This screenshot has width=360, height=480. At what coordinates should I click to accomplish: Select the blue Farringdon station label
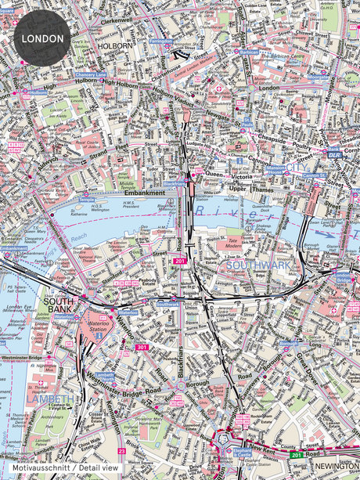click(x=160, y=42)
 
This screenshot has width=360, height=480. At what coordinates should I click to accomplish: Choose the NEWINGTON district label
click(x=335, y=464)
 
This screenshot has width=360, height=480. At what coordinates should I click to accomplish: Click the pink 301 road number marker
click(x=141, y=347)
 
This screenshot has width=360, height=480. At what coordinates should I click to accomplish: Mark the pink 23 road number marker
click(x=121, y=451)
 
